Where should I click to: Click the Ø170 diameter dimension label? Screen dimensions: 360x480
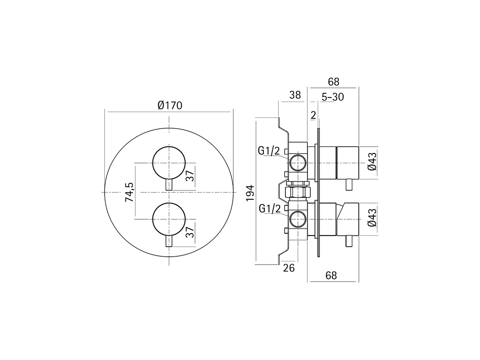click(x=170, y=105)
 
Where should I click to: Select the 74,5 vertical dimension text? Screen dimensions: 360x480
click(x=129, y=192)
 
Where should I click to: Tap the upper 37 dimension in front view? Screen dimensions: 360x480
click(x=190, y=175)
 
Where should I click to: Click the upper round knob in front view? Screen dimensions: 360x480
click(x=169, y=163)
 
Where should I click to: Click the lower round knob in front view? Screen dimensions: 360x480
click(x=169, y=219)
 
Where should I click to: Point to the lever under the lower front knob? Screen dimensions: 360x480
click(x=169, y=241)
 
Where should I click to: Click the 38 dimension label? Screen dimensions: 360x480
click(x=295, y=95)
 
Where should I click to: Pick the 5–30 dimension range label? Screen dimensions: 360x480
click(x=333, y=97)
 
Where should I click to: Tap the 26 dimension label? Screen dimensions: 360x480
click(x=289, y=268)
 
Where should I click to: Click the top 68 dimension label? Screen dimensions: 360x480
click(x=333, y=81)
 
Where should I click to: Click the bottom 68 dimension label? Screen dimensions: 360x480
click(x=331, y=276)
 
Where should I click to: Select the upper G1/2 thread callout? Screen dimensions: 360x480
click(x=269, y=151)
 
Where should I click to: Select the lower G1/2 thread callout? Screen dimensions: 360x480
click(x=270, y=208)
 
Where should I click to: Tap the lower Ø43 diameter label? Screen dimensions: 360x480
click(x=372, y=219)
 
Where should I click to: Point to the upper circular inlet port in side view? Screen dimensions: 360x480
click(x=298, y=163)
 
